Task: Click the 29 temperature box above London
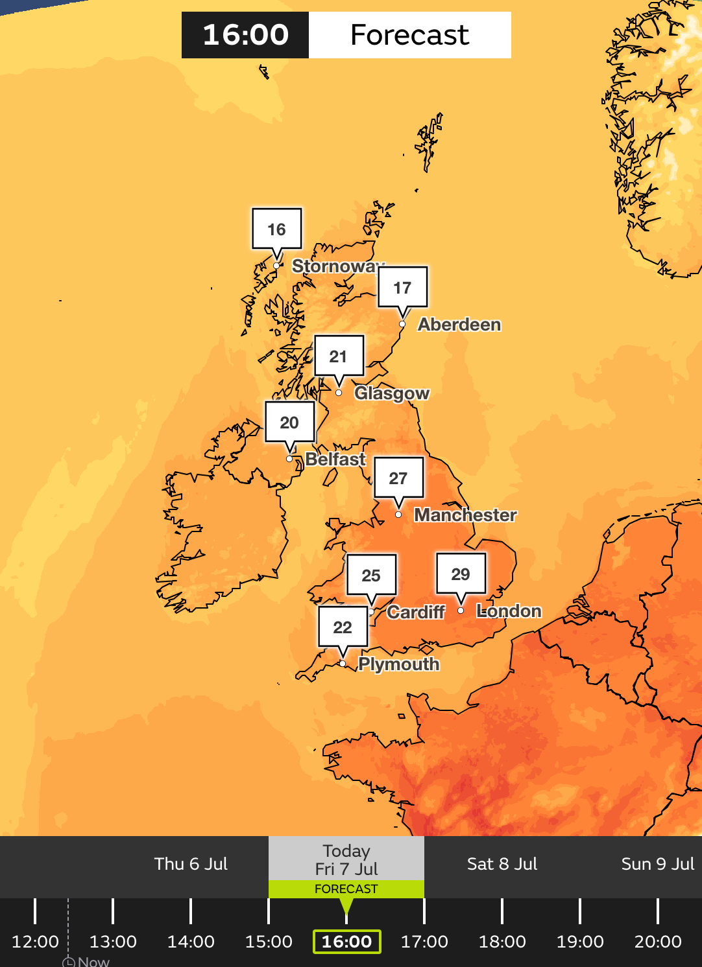click(x=461, y=574)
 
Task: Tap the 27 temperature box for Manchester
click(x=398, y=478)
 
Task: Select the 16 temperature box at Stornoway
click(x=276, y=229)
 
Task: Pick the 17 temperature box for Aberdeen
click(x=402, y=287)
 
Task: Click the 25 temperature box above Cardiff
click(x=371, y=575)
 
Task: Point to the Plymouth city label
click(x=399, y=664)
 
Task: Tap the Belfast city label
click(x=335, y=460)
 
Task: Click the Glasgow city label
click(x=392, y=393)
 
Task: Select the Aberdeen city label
click(x=459, y=325)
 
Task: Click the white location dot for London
click(x=461, y=611)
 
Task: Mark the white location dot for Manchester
click(x=398, y=515)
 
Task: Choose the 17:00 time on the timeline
click(x=424, y=942)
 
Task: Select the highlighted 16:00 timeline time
click(x=346, y=942)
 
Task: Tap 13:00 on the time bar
click(x=113, y=942)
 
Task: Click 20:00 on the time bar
click(x=658, y=942)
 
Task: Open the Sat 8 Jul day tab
click(x=502, y=864)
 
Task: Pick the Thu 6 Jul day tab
click(x=191, y=864)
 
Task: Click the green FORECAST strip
click(x=346, y=889)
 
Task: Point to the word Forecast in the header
click(x=409, y=35)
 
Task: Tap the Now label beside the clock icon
click(x=93, y=962)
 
